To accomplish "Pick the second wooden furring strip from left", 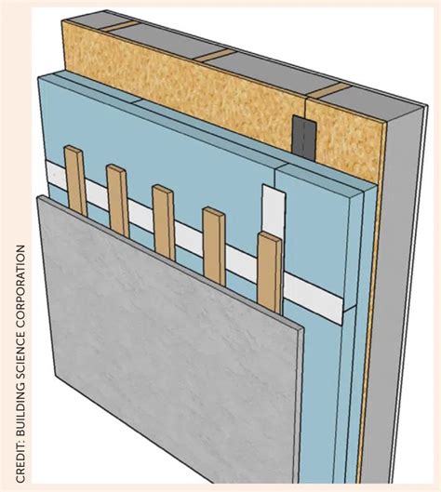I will [x=118, y=199].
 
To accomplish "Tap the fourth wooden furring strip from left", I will [x=215, y=244].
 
